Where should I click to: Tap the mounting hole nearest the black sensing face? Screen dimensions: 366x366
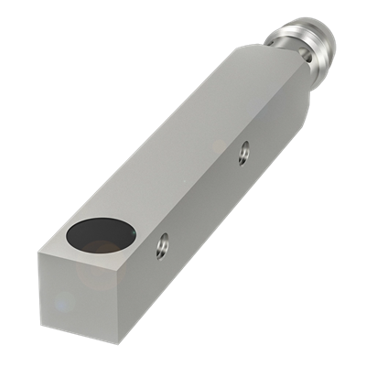(x=161, y=245)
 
